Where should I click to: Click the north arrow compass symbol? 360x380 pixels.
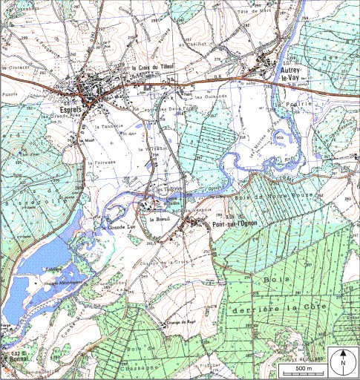click(x=344, y=361)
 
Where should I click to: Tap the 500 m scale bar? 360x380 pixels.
click(x=304, y=367)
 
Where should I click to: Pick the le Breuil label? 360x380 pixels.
click(x=160, y=220)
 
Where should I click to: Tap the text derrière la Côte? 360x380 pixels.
click(x=271, y=307)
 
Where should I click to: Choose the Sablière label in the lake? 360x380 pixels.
click(x=52, y=268)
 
